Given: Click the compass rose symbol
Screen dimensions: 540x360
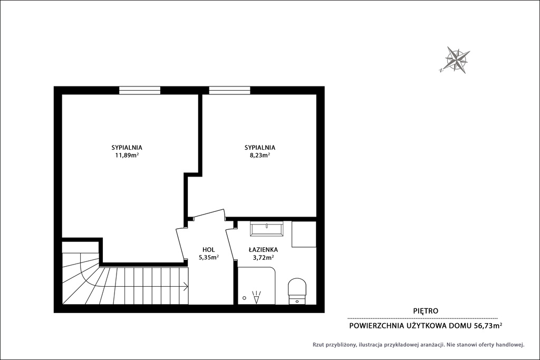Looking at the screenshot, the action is [457, 60].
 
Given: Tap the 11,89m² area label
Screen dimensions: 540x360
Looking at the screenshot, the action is [127, 155].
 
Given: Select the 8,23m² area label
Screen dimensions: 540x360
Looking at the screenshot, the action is [259, 155].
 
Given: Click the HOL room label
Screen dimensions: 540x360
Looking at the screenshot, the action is [209, 250].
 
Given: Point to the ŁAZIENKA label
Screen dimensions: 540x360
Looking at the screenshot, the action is [263, 250].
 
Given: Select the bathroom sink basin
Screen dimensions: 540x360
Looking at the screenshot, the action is [266, 229].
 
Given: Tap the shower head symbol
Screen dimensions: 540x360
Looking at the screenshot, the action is [257, 297].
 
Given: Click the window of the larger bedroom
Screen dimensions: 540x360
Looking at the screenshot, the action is [140, 90].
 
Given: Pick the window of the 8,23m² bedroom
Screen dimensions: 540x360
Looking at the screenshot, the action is [230, 90].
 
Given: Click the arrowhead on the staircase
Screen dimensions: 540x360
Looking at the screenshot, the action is [186, 286].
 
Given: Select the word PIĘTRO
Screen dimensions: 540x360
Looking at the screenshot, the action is [426, 311].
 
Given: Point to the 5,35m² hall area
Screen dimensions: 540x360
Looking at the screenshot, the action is [209, 257].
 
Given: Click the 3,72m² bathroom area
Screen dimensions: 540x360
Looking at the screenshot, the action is [263, 257].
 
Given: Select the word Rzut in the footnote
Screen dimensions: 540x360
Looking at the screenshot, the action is [319, 345].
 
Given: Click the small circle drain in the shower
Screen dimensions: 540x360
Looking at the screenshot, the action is [244, 298].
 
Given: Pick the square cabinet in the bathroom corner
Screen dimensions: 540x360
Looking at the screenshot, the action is [304, 234].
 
